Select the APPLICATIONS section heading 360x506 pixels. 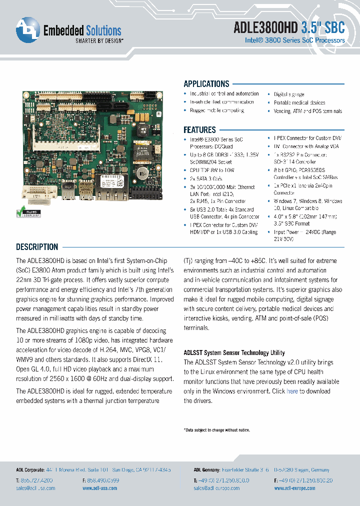(x=206, y=84)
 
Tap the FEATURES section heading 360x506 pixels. (x=199, y=129)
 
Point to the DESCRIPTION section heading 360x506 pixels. (x=37, y=246)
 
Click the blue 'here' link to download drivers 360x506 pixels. (x=292, y=391)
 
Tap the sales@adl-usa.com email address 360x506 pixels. (x=35, y=488)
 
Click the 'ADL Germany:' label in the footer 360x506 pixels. (x=206, y=470)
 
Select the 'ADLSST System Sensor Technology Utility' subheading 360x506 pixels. (x=234, y=352)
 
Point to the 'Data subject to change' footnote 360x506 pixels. (x=216, y=430)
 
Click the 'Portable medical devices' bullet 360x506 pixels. (x=299, y=102)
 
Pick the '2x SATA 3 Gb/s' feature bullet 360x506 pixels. (x=205, y=178)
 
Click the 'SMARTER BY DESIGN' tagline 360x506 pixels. (x=99, y=41)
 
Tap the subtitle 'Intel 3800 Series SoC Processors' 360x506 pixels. (x=294, y=40)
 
